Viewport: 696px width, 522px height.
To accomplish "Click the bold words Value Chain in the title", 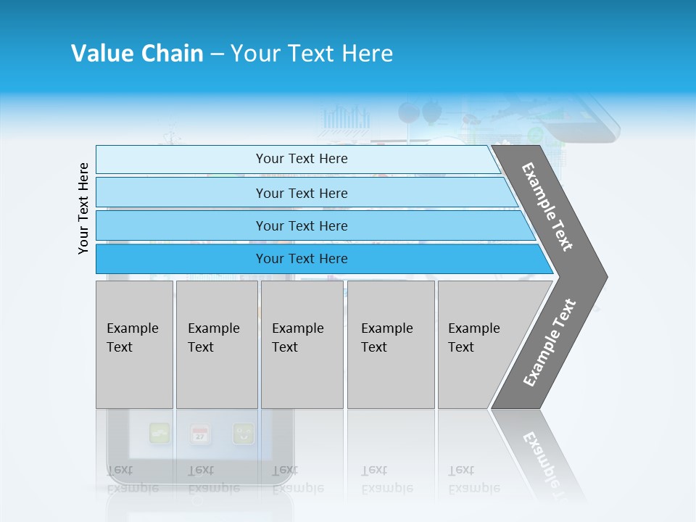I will [137, 54].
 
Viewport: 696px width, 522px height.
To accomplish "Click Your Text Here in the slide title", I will [312, 54].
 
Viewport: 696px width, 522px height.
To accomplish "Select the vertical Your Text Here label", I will [84, 208].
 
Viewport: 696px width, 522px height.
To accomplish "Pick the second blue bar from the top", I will [302, 193].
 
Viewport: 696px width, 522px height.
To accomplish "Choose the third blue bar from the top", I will [302, 225].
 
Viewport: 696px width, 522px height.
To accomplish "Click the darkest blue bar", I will [302, 259].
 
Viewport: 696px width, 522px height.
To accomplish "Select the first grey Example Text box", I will [134, 344].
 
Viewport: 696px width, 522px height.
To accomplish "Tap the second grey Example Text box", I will [216, 344].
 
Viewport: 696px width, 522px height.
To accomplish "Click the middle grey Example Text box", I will [302, 344].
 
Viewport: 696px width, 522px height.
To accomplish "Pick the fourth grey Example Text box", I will [390, 344].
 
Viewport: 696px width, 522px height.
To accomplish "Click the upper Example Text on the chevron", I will [547, 207].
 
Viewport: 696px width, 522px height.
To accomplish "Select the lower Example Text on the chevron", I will [550, 343].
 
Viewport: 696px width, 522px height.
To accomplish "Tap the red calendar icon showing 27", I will [200, 434].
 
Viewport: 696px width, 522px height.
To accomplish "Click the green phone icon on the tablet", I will [159, 434].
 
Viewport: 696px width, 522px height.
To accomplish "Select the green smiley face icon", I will [244, 434].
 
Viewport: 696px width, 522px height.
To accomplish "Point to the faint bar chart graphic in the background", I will [346, 119].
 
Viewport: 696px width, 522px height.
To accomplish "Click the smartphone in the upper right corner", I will [584, 119].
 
